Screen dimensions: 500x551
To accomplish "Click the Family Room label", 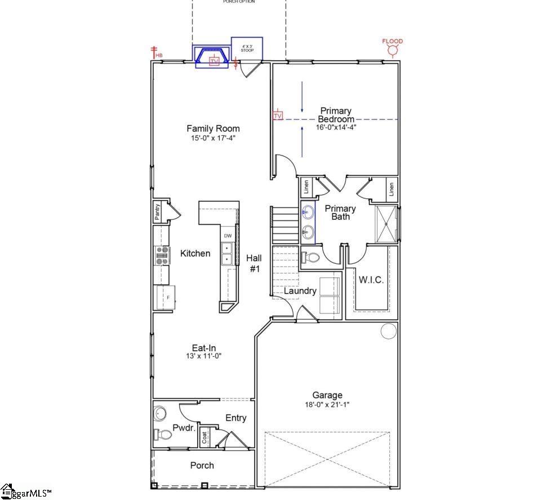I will [213, 129].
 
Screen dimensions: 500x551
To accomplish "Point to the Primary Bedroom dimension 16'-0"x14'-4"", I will [336, 127].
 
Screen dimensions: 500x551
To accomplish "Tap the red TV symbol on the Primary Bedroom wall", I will [278, 116].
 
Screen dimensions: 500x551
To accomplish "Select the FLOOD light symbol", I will [392, 50].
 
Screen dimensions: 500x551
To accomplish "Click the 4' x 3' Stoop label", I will [247, 48].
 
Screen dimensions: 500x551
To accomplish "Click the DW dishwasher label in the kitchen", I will [228, 236].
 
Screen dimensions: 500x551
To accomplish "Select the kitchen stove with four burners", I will [162, 256].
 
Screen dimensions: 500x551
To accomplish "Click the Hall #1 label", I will [254, 263].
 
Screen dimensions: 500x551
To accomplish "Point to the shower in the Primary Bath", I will [386, 224].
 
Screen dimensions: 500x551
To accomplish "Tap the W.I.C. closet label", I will [371, 280].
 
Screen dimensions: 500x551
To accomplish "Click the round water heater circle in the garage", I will [388, 331].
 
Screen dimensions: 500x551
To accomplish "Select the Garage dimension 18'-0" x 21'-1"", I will [327, 404].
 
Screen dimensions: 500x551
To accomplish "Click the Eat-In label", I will [204, 348].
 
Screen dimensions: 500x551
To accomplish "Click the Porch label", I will [202, 466].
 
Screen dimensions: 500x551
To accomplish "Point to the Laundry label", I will [300, 291].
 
